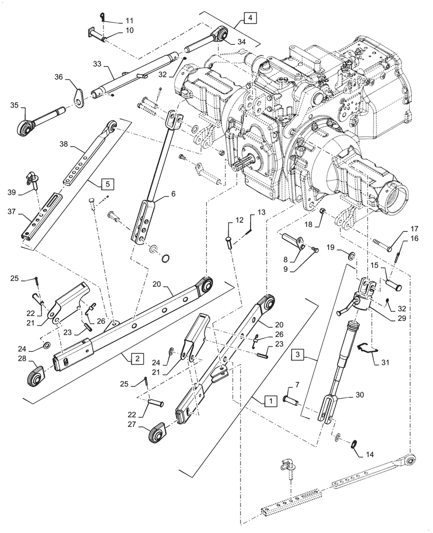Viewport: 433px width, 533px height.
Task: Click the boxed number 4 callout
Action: (251, 18)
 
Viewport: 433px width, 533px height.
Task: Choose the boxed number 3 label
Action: (299, 354)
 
